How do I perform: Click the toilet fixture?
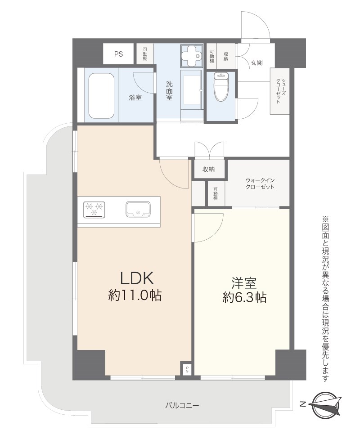click(x=221, y=86)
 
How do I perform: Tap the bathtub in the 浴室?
click(x=101, y=96)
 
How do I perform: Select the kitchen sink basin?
click(x=138, y=209)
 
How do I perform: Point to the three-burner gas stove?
click(x=94, y=210)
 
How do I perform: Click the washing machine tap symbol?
click(x=191, y=55)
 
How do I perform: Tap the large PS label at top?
click(x=118, y=54)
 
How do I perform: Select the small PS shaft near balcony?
click(x=187, y=369)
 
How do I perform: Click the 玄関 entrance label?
click(x=256, y=63)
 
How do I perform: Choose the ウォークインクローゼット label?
click(x=260, y=184)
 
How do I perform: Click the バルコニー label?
click(x=182, y=405)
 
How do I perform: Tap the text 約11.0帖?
click(x=135, y=296)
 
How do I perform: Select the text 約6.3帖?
click(x=244, y=298)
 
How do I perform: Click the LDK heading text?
click(x=137, y=278)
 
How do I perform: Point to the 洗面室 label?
click(x=169, y=90)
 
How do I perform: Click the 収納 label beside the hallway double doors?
click(x=208, y=170)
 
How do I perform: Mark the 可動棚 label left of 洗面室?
click(x=145, y=54)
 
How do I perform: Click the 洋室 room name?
click(x=244, y=283)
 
